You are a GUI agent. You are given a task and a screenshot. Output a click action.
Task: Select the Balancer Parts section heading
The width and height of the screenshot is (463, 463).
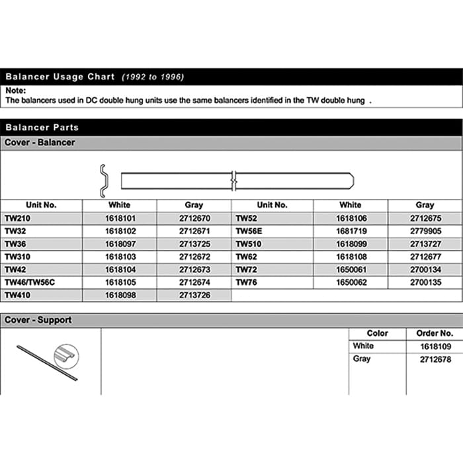[42, 127]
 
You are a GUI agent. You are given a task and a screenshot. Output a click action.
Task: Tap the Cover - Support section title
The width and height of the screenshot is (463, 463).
[38, 320]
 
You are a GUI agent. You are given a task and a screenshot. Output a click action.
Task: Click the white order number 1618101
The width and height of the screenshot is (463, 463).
[120, 218]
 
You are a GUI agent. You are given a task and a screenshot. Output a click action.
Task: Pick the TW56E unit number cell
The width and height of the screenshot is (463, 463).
[251, 230]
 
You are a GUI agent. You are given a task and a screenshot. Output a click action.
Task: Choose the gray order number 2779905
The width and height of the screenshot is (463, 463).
[425, 230]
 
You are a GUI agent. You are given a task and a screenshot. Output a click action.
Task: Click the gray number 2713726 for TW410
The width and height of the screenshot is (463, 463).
[194, 294]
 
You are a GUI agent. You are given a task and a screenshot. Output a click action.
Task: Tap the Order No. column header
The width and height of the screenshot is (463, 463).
[434, 333]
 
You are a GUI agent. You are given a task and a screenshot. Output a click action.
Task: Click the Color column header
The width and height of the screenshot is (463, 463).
[377, 333]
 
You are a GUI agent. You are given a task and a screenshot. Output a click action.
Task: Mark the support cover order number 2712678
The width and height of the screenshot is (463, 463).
[436, 359]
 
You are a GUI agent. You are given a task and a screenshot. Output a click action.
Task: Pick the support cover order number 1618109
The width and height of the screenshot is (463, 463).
[436, 346]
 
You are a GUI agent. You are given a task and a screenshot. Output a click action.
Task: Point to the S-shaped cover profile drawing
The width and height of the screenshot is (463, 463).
[104, 180]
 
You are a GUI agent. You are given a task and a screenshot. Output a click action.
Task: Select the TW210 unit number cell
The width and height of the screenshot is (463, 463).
[18, 218]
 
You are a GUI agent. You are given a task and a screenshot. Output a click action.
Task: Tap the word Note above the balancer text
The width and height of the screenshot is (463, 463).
[15, 91]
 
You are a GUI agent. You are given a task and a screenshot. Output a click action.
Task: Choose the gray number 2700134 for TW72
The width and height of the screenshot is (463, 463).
[425, 269]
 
